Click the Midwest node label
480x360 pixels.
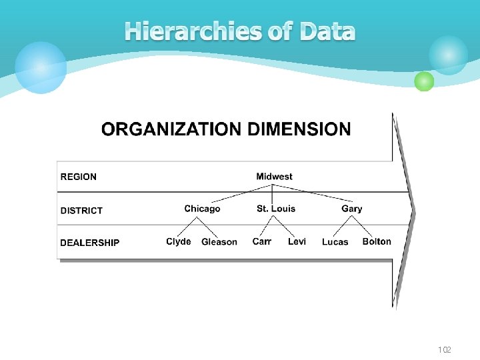(x=274, y=177)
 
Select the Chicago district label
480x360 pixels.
(x=202, y=209)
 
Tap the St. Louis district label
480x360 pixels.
(x=276, y=209)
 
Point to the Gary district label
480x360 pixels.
(x=352, y=209)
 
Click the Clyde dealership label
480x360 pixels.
(x=179, y=241)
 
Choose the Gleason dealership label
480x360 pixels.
(x=219, y=242)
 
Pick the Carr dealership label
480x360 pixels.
(x=262, y=241)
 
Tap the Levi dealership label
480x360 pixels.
(x=297, y=241)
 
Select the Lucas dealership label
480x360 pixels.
(x=335, y=242)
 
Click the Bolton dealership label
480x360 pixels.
(x=377, y=241)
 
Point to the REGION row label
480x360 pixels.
(x=79, y=177)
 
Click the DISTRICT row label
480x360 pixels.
(x=81, y=211)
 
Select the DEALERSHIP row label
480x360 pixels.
(x=90, y=243)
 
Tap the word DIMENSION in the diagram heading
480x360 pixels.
(x=298, y=129)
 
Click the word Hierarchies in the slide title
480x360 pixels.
(x=193, y=31)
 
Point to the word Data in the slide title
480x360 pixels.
(x=327, y=31)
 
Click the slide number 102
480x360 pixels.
(x=445, y=350)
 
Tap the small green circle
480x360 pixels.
(x=424, y=81)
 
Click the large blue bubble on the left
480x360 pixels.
(x=41, y=67)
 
